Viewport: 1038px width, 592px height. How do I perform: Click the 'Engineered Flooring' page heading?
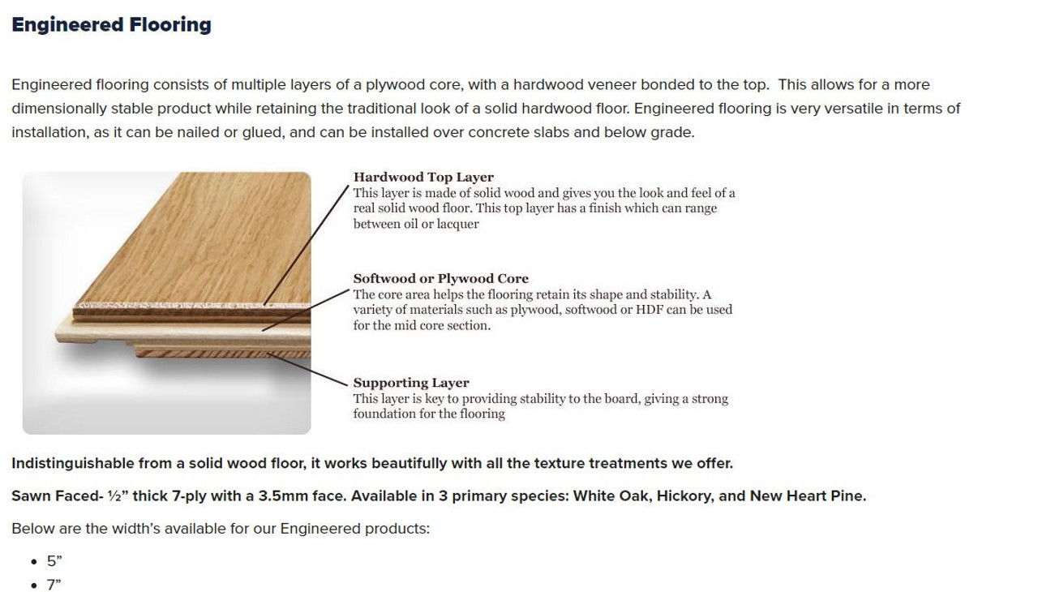[x=111, y=25]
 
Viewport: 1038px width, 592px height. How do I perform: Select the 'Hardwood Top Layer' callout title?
[x=423, y=177]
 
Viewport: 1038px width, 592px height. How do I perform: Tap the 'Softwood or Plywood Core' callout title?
[x=440, y=278]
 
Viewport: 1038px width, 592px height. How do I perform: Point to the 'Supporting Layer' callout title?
[x=411, y=383]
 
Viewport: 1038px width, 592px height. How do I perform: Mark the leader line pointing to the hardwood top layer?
[x=306, y=245]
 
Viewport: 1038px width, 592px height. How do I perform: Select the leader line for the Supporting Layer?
[x=307, y=369]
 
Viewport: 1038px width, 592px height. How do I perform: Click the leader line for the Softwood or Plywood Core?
[x=306, y=311]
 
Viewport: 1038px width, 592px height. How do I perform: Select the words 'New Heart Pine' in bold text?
[x=808, y=496]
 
